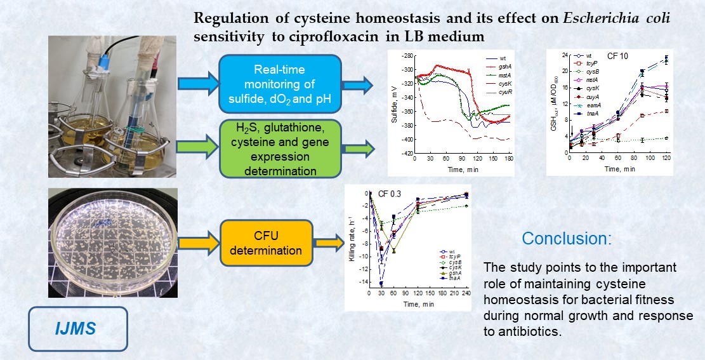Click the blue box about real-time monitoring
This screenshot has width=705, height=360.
[280, 83]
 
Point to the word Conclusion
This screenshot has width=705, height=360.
[567, 239]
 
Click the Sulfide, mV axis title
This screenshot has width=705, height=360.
[395, 105]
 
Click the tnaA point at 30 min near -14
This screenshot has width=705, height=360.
[381, 283]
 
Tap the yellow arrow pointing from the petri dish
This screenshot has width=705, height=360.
[195, 242]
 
